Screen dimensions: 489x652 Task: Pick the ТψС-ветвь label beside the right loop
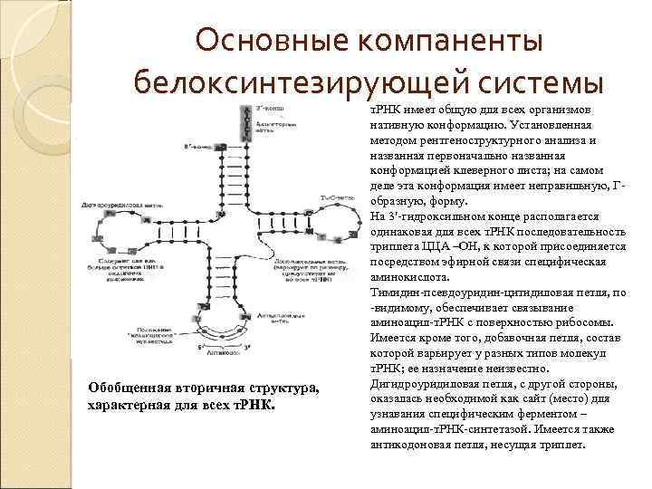[x=337, y=198]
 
